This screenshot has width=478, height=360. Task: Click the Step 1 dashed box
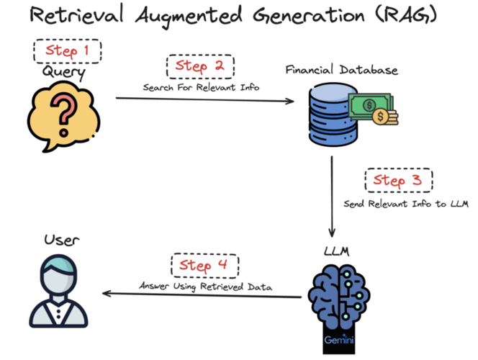tap(68, 51)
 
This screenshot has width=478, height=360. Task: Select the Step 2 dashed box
tap(200, 66)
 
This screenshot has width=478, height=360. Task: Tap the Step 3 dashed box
tap(398, 181)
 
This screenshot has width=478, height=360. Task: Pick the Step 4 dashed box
tap(204, 266)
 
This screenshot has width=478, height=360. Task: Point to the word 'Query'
tap(63, 72)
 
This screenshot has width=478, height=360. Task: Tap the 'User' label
tap(61, 239)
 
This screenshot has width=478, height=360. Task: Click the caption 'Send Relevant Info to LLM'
tap(406, 204)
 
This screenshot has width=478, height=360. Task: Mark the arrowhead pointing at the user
tap(107, 293)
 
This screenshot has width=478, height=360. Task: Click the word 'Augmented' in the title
tap(191, 16)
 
